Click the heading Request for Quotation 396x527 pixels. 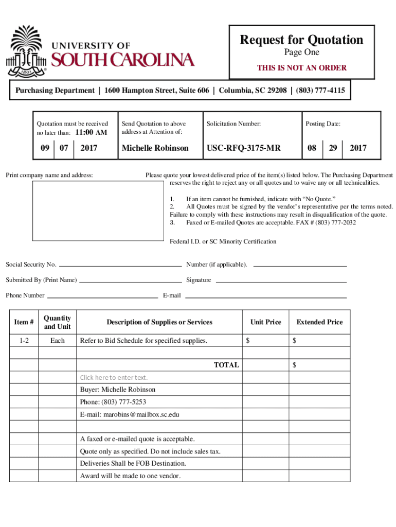301,40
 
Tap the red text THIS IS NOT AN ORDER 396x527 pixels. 301,67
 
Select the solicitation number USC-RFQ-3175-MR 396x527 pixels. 244,148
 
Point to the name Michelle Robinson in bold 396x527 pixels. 155,148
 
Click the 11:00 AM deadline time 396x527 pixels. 91,132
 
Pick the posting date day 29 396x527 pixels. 333,148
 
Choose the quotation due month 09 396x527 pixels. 45,148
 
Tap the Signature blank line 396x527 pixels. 280,282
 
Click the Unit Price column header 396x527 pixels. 265,322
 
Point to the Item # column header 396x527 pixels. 24,322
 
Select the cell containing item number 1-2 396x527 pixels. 24,341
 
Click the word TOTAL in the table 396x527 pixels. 226,365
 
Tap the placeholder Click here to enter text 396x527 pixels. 114,378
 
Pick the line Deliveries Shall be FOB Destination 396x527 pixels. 133,464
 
